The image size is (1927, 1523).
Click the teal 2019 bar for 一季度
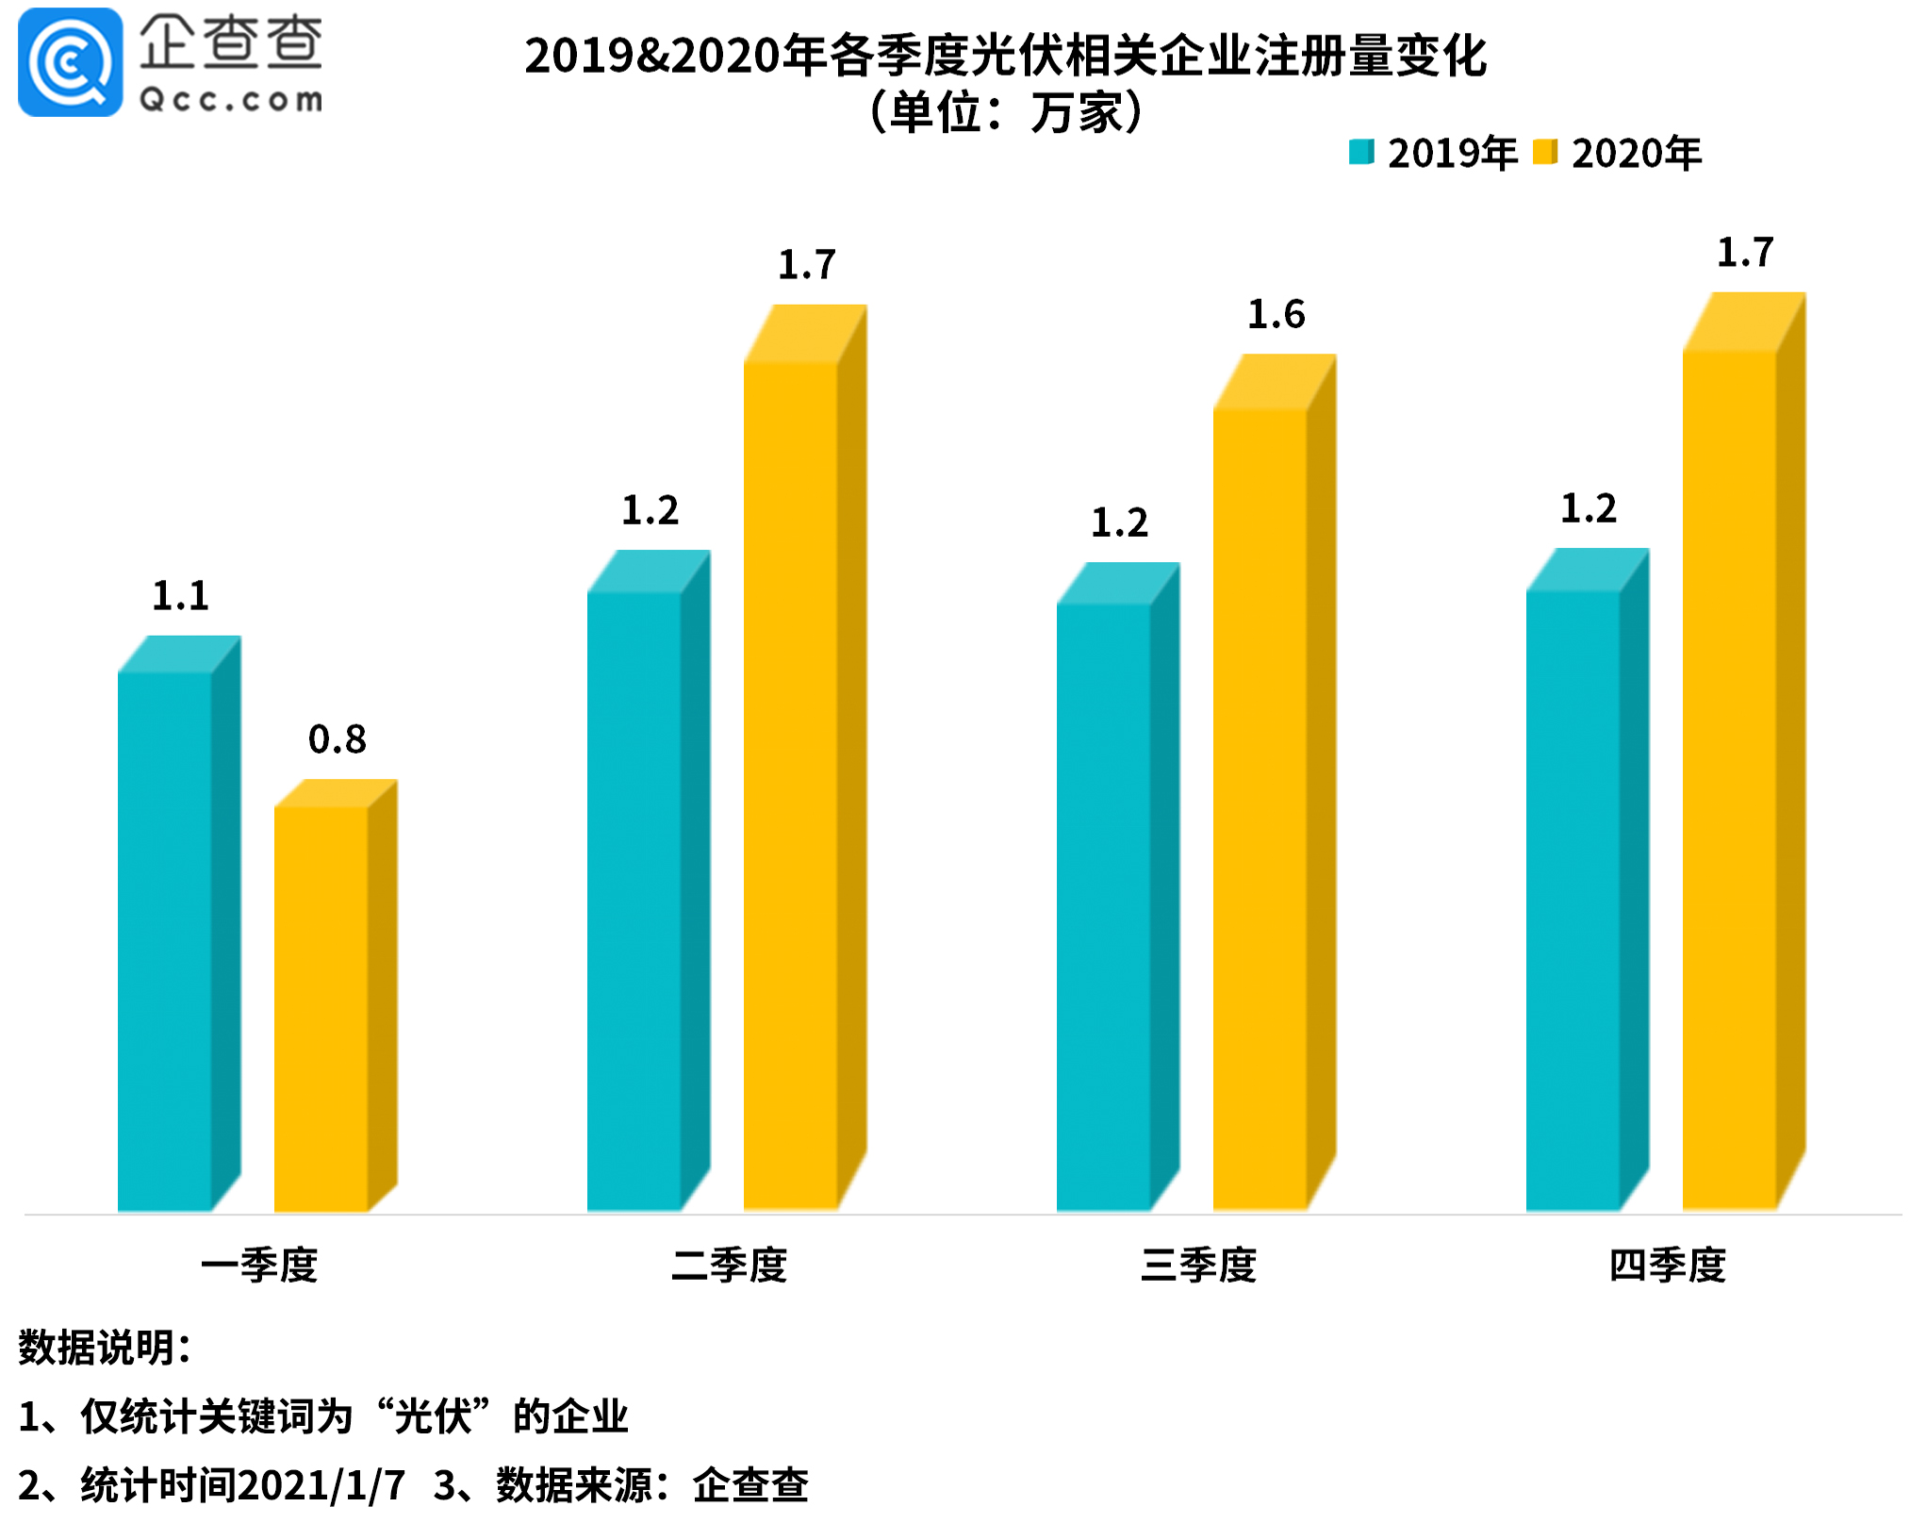(165, 938)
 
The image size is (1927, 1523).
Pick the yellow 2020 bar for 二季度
(791, 783)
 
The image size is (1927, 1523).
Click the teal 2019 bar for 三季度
(1104, 905)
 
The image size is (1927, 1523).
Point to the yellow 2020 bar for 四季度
(1730, 778)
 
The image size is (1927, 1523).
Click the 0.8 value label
(337, 739)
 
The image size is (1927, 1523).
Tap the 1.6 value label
(1276, 314)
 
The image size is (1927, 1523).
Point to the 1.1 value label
(180, 596)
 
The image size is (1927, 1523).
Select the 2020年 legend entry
(1619, 153)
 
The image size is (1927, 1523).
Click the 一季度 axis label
(259, 1265)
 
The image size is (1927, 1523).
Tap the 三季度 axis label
(1198, 1265)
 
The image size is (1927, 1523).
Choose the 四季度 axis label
(1667, 1265)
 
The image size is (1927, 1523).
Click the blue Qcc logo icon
(70, 62)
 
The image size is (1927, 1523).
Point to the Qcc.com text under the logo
(231, 100)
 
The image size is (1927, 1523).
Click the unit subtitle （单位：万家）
(1005, 112)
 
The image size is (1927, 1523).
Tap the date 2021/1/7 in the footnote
(321, 1485)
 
